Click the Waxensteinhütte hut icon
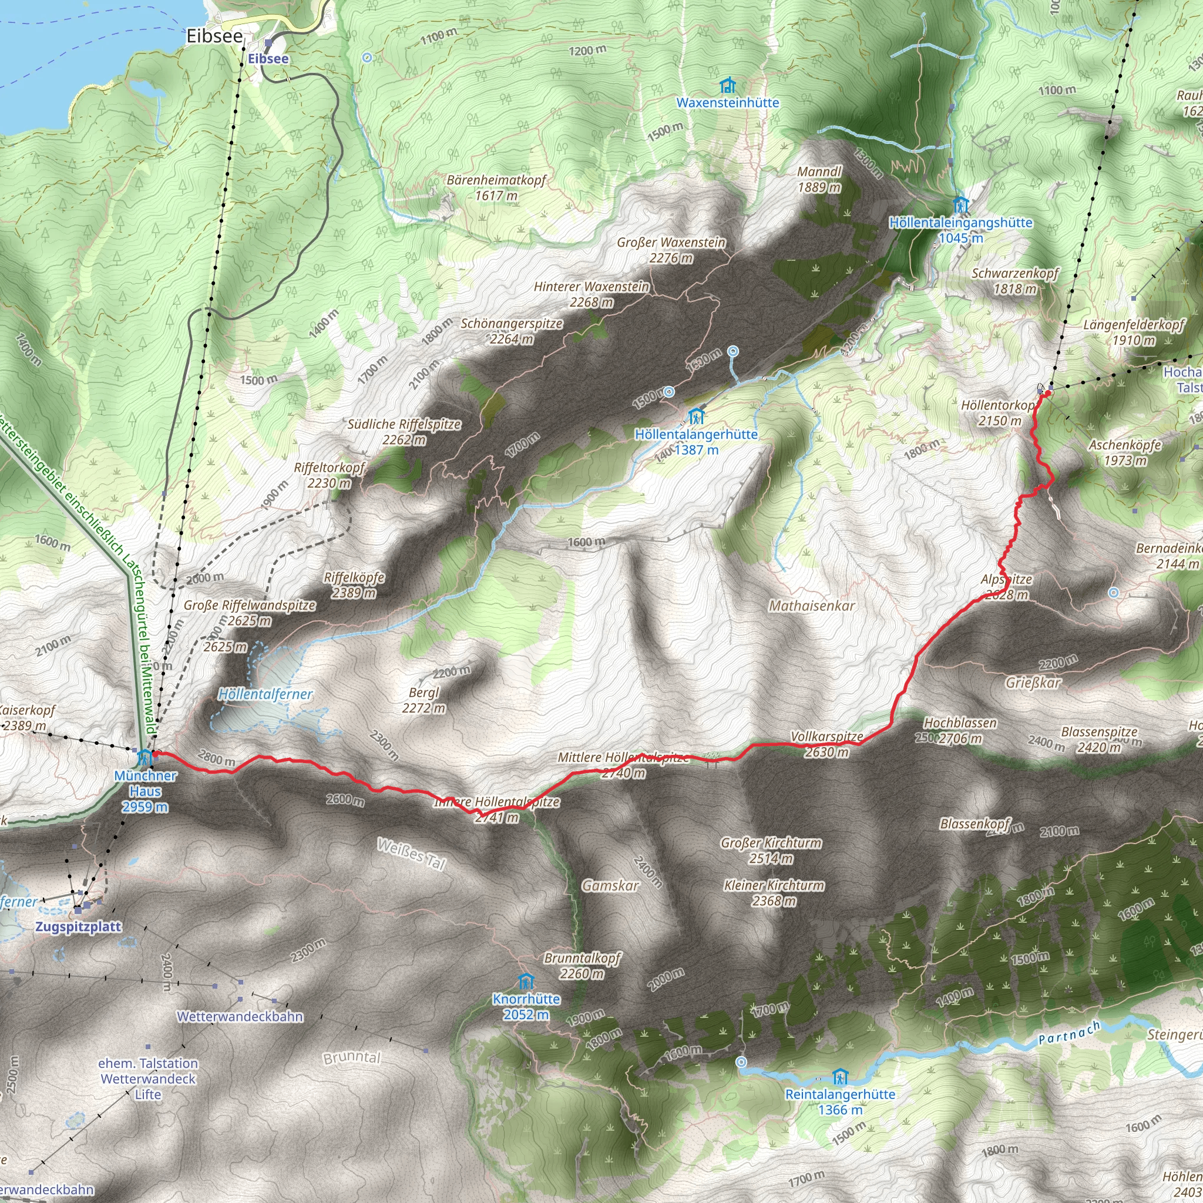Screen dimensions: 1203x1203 click(727, 85)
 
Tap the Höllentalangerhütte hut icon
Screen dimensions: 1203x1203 click(696, 416)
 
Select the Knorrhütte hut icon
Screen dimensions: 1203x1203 click(526, 982)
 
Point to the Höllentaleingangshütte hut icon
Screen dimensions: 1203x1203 click(961, 205)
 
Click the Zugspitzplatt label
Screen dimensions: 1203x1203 click(78, 926)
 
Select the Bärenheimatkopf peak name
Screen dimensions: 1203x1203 click(496, 180)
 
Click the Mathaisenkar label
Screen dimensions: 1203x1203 click(811, 606)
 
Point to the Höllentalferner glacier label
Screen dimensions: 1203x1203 click(266, 694)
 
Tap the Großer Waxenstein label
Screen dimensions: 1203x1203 click(671, 242)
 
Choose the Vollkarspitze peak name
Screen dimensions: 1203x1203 click(827, 737)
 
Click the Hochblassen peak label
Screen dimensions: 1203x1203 click(960, 723)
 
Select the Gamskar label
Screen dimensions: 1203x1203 click(610, 885)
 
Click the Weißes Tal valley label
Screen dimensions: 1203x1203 click(412, 854)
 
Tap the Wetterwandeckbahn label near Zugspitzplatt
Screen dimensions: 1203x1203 click(240, 1017)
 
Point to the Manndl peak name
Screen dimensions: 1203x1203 click(819, 172)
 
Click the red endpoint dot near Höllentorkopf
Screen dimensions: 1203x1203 click(1048, 394)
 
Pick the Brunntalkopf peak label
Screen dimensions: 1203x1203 click(582, 957)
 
